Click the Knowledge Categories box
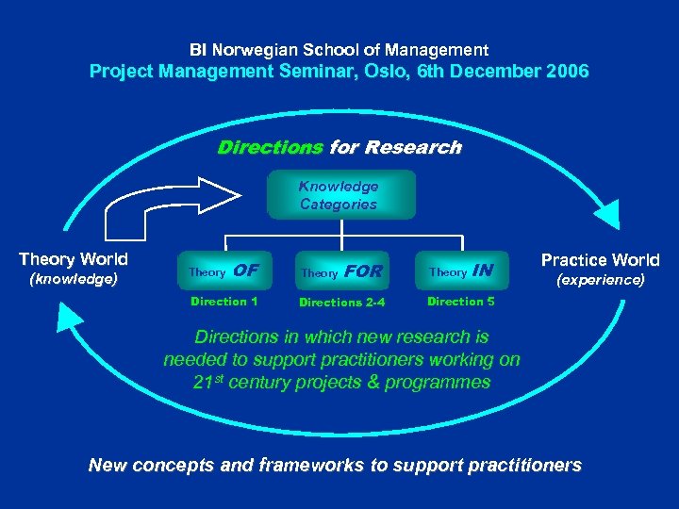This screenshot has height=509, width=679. (x=339, y=195)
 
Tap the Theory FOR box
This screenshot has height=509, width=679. (x=340, y=271)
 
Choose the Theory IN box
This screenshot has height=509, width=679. (x=460, y=271)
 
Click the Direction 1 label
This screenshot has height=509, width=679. (x=224, y=302)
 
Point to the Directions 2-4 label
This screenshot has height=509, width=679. (x=340, y=303)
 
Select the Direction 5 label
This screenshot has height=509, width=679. (x=460, y=302)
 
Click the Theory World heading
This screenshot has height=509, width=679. (x=74, y=259)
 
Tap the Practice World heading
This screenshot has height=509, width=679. (x=600, y=260)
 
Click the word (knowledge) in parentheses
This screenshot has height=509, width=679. (x=74, y=279)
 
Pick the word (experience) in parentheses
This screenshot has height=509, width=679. (x=600, y=280)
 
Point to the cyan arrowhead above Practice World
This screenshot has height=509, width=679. (x=612, y=209)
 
